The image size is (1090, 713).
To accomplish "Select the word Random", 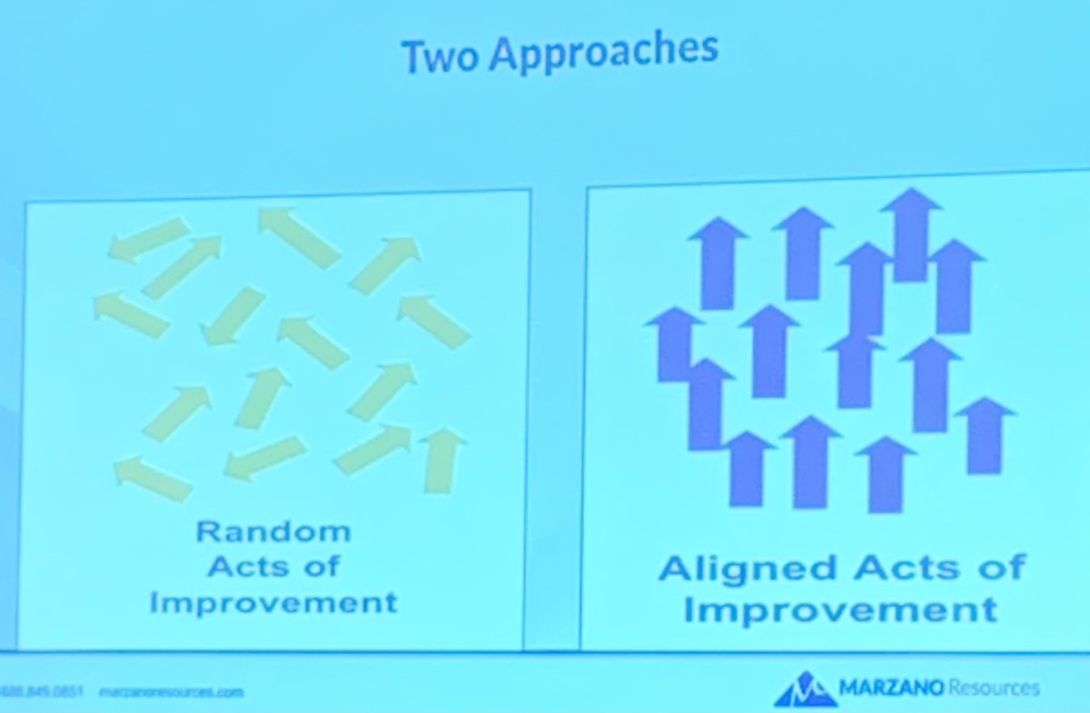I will tap(272, 531).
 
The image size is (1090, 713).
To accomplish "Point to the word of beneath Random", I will tap(320, 567).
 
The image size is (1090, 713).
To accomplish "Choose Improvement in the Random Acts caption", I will tap(273, 601).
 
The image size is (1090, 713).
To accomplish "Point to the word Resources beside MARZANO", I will tap(993, 688).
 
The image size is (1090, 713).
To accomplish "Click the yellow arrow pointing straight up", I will tap(442, 460).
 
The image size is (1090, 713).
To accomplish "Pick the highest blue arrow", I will tap(911, 233).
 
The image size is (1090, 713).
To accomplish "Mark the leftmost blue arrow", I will tap(674, 343).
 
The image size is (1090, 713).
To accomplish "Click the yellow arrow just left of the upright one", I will tap(372, 450).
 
